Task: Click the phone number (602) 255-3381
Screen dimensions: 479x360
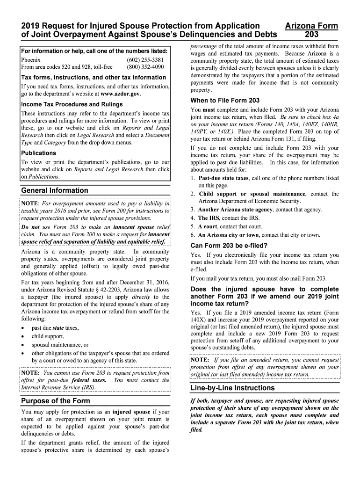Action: [x=145, y=60]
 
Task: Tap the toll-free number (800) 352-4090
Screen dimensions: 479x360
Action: [x=145, y=67]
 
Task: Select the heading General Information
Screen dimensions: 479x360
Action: [x=55, y=190]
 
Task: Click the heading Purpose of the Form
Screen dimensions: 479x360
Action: [x=56, y=401]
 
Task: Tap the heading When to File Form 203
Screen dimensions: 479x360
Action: [x=225, y=101]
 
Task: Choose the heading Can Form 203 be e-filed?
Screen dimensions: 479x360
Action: [x=229, y=246]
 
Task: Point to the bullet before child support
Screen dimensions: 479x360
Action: [x=23, y=336]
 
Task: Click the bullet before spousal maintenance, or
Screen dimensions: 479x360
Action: [x=23, y=345]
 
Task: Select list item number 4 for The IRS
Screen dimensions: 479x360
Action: [x=193, y=218]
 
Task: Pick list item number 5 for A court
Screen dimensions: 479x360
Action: [x=193, y=226]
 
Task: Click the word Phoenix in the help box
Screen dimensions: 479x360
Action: [x=31, y=60]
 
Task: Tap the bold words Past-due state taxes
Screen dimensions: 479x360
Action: [x=223, y=178]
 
